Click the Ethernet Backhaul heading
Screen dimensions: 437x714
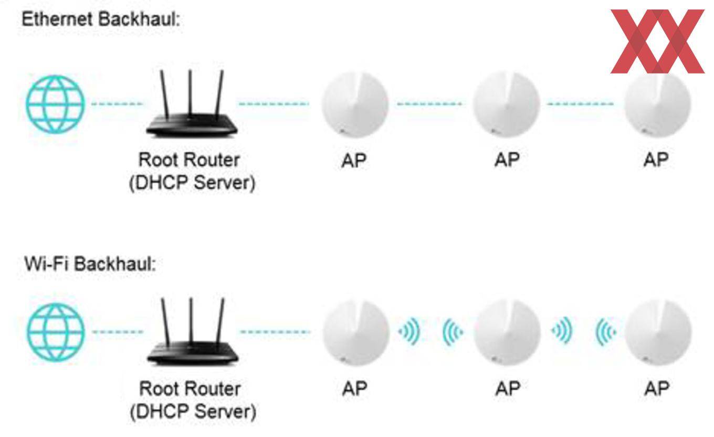pos(101,20)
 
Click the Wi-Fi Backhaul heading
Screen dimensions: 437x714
pos(90,264)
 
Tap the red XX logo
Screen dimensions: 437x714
pos(657,41)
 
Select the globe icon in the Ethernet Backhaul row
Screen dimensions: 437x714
pos(55,103)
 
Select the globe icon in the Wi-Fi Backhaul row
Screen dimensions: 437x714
pos(56,331)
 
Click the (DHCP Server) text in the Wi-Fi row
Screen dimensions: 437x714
pos(193,412)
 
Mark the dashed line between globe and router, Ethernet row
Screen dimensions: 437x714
pos(117,104)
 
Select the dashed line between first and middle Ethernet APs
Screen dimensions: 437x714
pos(430,104)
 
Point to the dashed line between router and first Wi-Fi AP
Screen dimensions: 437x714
pos(275,332)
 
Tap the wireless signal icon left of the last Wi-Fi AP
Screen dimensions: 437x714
pos(605,332)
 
